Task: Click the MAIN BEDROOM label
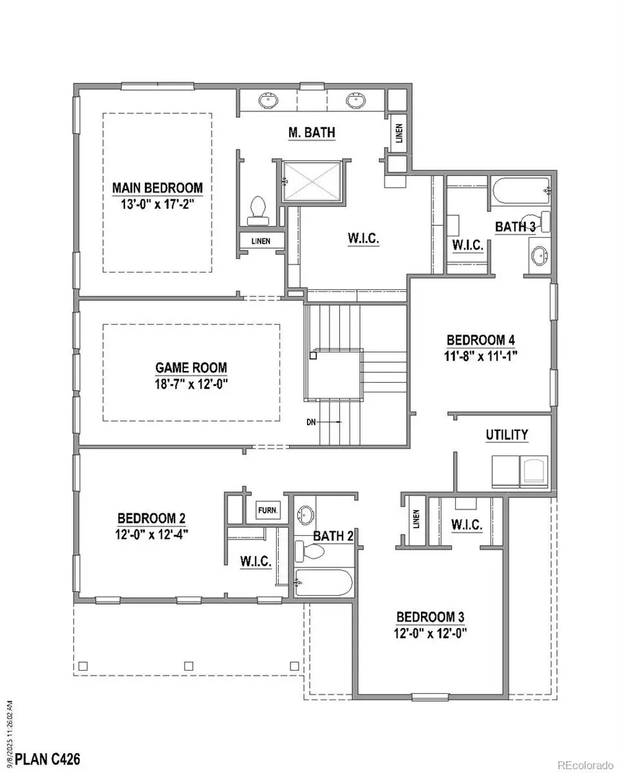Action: click(157, 188)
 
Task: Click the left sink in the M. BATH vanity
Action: click(269, 100)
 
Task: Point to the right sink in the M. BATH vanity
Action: click(355, 100)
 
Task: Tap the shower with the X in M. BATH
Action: click(312, 181)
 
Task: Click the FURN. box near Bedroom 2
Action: click(266, 511)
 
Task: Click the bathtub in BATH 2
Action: click(324, 583)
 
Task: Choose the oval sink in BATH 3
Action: click(540, 256)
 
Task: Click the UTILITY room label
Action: click(507, 435)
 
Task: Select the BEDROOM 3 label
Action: click(435, 617)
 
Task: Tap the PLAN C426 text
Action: click(47, 759)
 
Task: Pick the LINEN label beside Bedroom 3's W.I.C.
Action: click(415, 522)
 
